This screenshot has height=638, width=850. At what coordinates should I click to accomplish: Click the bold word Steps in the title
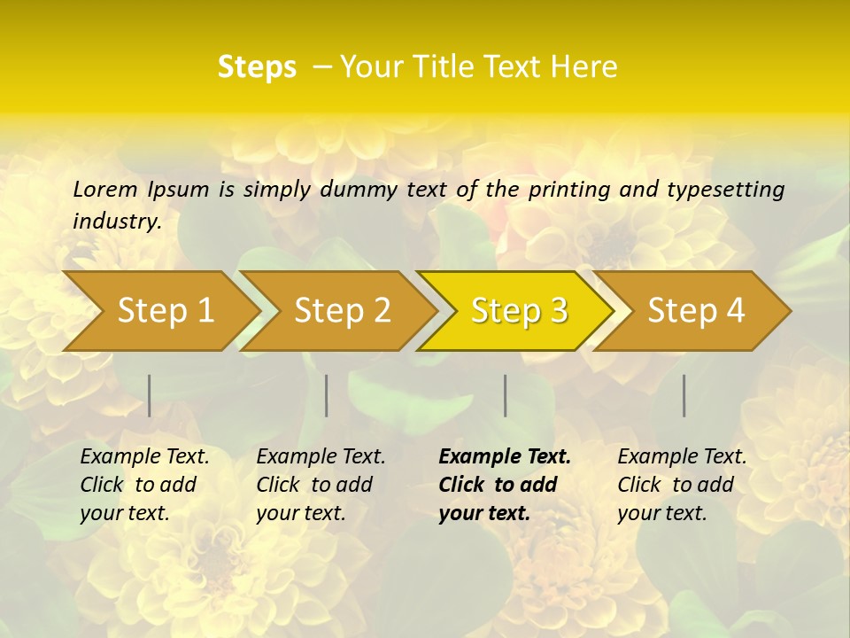click(257, 67)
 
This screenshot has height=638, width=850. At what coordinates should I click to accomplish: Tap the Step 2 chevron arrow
click(342, 311)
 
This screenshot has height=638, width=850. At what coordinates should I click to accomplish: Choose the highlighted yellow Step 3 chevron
click(519, 311)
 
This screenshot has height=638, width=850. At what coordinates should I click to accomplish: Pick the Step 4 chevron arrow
click(696, 311)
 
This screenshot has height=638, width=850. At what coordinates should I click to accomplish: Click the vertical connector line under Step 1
click(150, 395)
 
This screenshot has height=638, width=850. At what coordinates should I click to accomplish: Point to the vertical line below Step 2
click(327, 395)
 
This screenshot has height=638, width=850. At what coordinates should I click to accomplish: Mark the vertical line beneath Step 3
click(506, 395)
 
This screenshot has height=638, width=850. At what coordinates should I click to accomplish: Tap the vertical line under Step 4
click(684, 395)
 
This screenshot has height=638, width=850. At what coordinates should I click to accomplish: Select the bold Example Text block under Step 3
click(505, 485)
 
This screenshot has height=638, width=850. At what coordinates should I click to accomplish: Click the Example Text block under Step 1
click(144, 485)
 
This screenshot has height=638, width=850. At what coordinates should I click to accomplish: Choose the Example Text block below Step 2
click(321, 485)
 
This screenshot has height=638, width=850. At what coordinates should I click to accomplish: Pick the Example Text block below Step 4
click(682, 485)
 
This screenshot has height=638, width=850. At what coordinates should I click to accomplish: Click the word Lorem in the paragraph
click(105, 189)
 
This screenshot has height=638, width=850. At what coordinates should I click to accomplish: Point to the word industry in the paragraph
click(116, 222)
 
